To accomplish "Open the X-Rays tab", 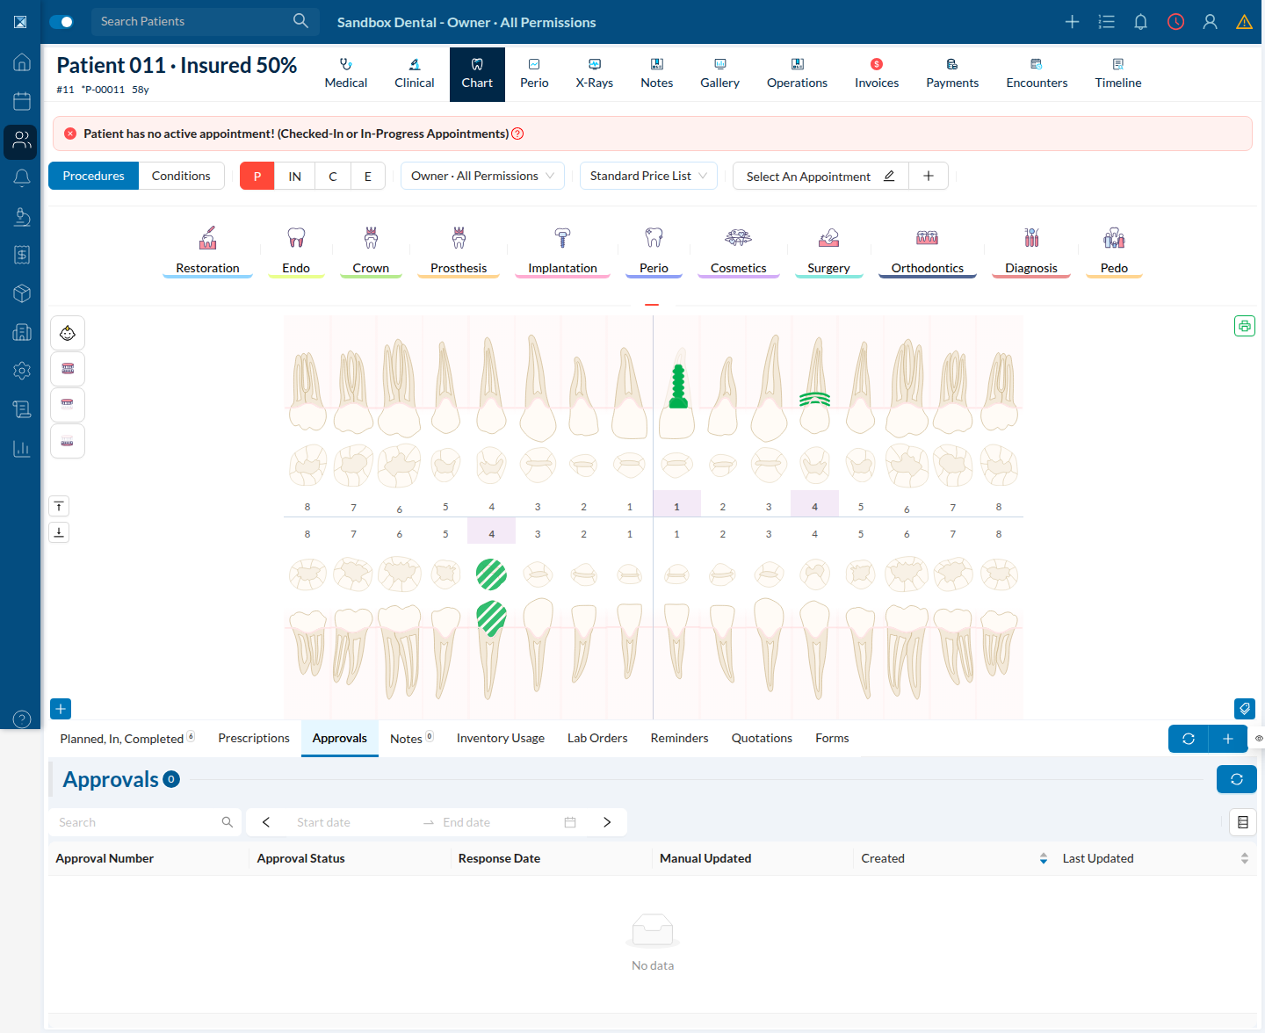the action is [594, 74].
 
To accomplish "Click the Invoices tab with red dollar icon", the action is [876, 74].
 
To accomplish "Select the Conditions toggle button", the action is [181, 176].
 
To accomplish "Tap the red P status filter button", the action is [257, 176].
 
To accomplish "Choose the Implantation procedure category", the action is [562, 251].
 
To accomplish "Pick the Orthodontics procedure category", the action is [927, 251].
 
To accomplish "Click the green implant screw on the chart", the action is [678, 386].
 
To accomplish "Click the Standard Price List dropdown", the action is [647, 176].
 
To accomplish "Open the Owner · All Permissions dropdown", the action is [482, 176].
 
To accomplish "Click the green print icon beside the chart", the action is [1244, 327].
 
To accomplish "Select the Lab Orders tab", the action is [596, 738].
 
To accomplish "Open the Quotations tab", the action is [761, 738].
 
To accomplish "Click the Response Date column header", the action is [499, 858].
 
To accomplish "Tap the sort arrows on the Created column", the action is [1043, 858].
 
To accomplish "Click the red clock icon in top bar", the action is [1175, 22].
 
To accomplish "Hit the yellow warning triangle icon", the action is [1244, 22].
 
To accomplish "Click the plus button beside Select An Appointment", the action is [928, 176].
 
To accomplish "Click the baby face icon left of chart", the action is [67, 333].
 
